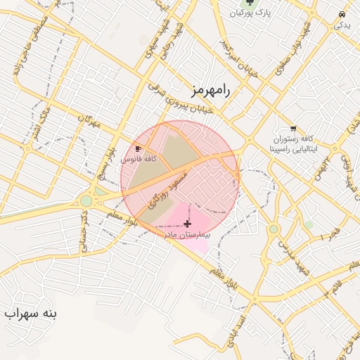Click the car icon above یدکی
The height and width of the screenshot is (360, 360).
pyautogui.click(x=342, y=14)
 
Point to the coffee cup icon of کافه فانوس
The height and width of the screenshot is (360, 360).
pyautogui.click(x=139, y=149)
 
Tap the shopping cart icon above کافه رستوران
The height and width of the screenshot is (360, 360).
pyautogui.click(x=292, y=128)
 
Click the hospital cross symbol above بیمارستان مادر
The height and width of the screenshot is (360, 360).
pyautogui.click(x=187, y=224)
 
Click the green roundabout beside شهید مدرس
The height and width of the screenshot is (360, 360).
pyautogui.click(x=274, y=229)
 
